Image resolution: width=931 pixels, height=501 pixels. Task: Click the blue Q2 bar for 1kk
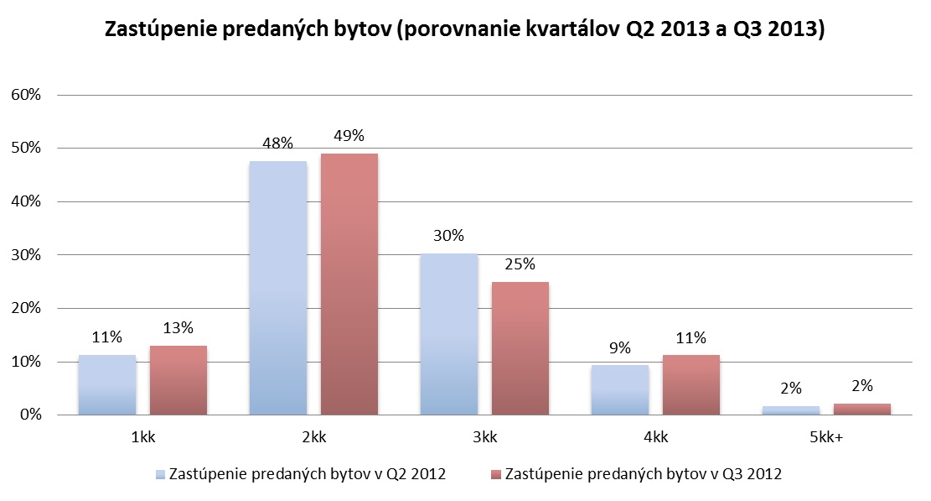coord(107,384)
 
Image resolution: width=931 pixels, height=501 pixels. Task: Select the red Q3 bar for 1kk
coord(178,380)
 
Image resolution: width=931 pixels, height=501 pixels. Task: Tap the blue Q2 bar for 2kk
coord(278,288)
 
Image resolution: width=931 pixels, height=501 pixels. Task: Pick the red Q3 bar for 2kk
coord(349,284)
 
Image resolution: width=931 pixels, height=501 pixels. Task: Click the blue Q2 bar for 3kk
coord(449,334)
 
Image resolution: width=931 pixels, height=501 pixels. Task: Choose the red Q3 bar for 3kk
coord(520,348)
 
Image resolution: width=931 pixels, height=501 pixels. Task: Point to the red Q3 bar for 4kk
coord(691,384)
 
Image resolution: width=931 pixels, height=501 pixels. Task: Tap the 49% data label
coord(349,135)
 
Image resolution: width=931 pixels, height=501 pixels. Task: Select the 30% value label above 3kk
coord(449,235)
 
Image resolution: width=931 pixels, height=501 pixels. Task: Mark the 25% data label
coord(520,264)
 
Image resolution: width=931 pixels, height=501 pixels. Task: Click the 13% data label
coord(178,327)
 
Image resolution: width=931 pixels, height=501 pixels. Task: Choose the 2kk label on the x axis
coord(314,436)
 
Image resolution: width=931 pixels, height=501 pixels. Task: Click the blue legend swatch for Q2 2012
coord(160,474)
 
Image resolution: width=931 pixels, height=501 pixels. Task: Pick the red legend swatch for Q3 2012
coord(496,474)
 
